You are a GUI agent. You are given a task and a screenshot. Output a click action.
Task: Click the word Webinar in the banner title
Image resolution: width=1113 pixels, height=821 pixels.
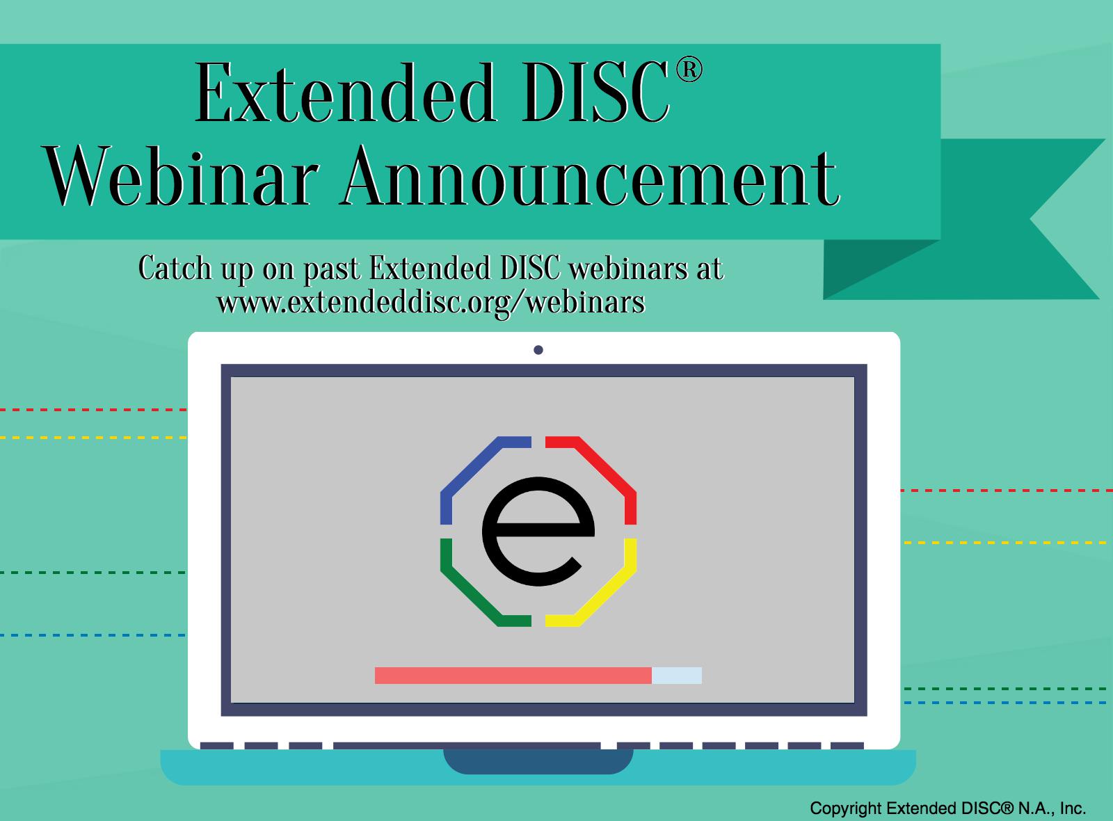(x=182, y=176)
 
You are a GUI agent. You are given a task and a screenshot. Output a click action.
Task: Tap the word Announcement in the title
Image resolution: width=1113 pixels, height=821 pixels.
(x=591, y=176)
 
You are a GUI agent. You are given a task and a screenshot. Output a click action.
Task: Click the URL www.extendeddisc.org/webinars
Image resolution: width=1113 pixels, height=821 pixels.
(x=431, y=302)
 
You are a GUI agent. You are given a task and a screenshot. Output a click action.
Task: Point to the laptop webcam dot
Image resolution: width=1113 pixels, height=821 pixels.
(x=538, y=350)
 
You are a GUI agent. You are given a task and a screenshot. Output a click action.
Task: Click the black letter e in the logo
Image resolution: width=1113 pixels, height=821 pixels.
(x=538, y=532)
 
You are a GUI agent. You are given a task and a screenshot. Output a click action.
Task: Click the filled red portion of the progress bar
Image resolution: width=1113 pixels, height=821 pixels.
(x=513, y=676)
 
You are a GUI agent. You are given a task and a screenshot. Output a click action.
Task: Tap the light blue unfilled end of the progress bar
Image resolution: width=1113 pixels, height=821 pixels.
(x=677, y=676)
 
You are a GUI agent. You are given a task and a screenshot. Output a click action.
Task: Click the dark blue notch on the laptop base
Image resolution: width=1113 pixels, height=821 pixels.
(x=538, y=761)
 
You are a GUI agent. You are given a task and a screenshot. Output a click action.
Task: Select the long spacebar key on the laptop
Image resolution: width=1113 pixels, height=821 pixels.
(x=467, y=745)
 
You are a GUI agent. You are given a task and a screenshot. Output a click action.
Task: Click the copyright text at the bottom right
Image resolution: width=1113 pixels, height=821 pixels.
(x=947, y=808)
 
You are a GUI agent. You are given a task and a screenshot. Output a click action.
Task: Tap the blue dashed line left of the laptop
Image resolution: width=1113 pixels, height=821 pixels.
(x=93, y=635)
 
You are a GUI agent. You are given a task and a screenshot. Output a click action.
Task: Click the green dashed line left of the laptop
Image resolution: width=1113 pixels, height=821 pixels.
(x=93, y=573)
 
